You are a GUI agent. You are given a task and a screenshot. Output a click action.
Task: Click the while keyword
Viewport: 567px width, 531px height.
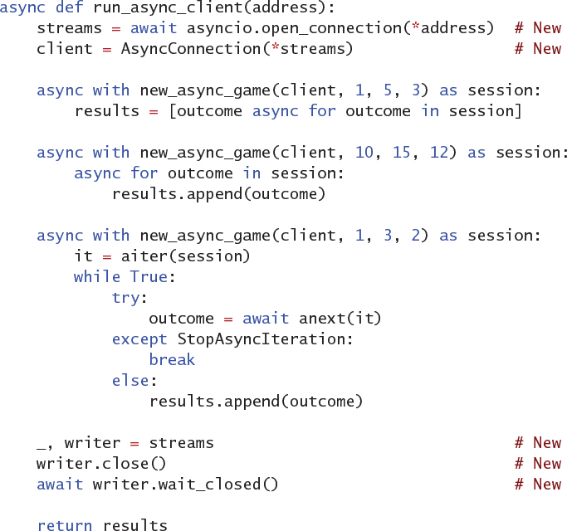[x=97, y=277]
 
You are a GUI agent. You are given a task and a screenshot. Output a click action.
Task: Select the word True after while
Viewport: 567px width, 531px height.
[x=149, y=277]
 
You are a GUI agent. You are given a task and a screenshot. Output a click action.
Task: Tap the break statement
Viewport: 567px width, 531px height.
[x=172, y=360]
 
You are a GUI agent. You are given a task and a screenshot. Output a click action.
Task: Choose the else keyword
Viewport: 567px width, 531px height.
[x=130, y=381]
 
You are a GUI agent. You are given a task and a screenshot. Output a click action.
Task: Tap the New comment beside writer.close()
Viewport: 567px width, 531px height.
[x=546, y=464]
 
